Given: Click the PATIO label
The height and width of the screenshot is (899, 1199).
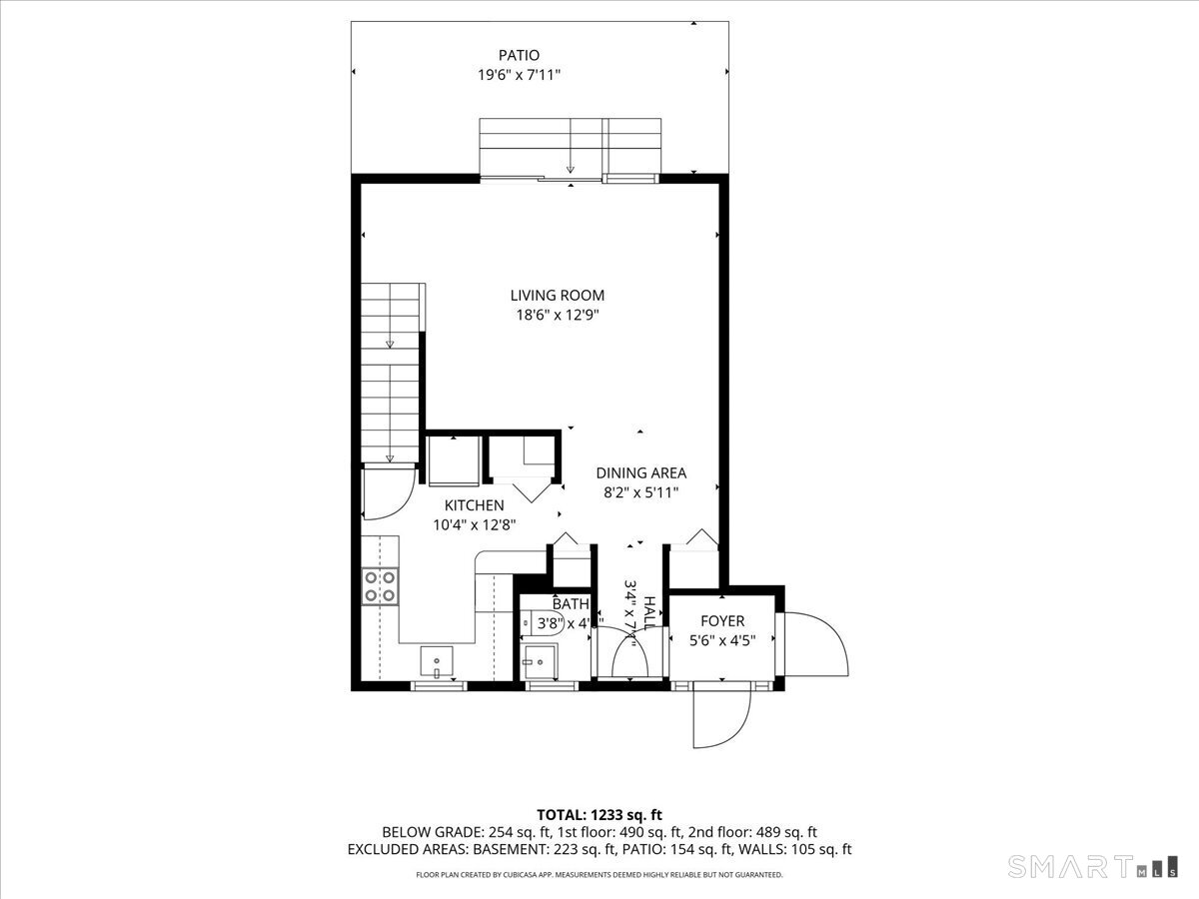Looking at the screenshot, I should pos(519,56).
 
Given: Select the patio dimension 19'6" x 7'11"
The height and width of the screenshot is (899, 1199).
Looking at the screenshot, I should pos(519,76).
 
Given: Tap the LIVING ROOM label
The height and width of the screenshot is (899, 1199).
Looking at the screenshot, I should pos(557,296).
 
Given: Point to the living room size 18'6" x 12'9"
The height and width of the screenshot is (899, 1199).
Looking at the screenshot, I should pos(557,315).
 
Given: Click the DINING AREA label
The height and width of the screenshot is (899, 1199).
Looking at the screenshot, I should pos(640,473).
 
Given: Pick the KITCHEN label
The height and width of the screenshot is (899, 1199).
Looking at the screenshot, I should pos(474,505).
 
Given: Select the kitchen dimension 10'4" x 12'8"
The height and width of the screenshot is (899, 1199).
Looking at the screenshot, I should pos(474,524).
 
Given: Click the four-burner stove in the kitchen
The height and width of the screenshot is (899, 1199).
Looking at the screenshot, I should pos(381,585).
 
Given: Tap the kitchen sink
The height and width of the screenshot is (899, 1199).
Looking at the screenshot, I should pos(437,660).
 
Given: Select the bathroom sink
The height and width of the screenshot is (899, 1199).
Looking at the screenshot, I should pos(538,660).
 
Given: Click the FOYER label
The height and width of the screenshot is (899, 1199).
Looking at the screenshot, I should pos(721,621).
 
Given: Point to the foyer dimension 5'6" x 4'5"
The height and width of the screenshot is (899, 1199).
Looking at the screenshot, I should pos(721,640).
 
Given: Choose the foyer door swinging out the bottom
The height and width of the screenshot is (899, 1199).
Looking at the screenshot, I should pos(721,714).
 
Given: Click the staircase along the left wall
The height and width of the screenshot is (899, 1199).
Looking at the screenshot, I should pos(391,370).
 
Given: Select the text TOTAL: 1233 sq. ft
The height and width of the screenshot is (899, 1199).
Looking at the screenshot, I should pos(599,815).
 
